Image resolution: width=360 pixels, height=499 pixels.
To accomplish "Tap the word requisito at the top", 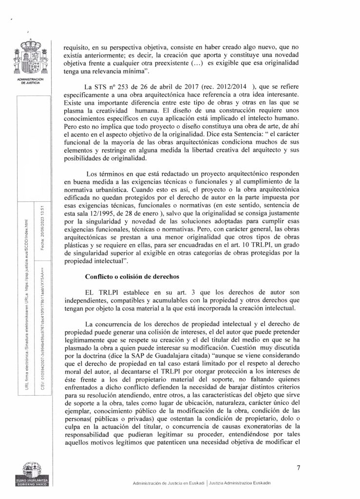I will point(79,48).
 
